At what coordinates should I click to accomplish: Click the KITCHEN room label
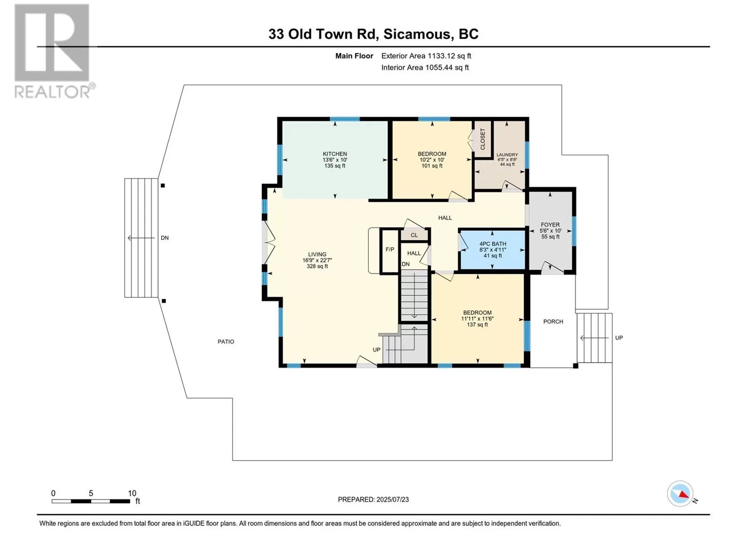[x=335, y=154]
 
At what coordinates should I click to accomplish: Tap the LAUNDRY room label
[x=507, y=155]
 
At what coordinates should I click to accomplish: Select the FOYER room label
[x=550, y=225]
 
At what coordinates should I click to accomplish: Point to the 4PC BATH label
[x=493, y=244]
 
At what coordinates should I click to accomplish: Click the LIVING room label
[x=317, y=254]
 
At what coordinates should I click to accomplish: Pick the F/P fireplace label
[x=390, y=250]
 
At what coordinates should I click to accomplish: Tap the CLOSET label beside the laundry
[x=483, y=139]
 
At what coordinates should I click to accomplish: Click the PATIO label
[x=226, y=342]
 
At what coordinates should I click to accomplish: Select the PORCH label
[x=553, y=322]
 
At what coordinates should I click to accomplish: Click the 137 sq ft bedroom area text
[x=477, y=325]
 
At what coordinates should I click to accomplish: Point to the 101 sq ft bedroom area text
[x=432, y=166]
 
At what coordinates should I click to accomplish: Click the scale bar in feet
[x=91, y=501]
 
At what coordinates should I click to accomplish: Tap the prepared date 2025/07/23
[x=392, y=499]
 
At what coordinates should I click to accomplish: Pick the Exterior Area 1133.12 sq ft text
[x=426, y=56]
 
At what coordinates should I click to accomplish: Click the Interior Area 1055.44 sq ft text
[x=425, y=68]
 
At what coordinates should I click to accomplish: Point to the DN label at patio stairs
[x=165, y=238]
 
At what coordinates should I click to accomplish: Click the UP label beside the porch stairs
[x=619, y=338]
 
